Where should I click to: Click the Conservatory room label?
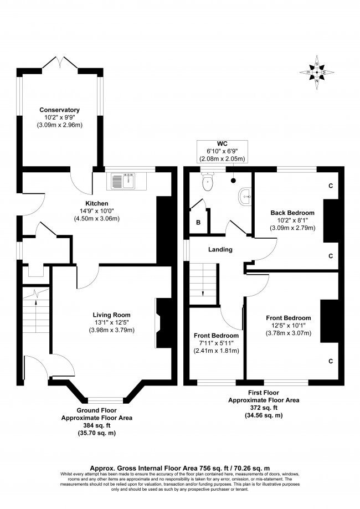coord(59,110)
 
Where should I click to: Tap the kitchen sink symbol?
coord(124,181)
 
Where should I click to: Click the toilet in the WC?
coord(207,182)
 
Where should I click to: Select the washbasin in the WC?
coord(245,197)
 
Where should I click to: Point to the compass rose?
coord(317,73)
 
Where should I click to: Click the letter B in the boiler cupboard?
coord(198,223)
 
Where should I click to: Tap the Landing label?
coord(220,250)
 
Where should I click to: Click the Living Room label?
coord(112,315)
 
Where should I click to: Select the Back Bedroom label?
coord(292,213)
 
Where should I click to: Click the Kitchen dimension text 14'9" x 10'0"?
coord(97,211)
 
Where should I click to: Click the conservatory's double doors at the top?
coord(60,63)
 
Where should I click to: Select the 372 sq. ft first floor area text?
coord(264,408)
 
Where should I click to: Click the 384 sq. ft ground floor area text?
coord(97,425)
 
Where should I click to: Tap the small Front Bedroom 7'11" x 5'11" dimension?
coord(216,343)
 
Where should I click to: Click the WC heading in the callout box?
coord(222,144)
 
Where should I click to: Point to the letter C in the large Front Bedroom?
coord(331,361)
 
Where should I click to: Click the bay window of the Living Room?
coord(105,400)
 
